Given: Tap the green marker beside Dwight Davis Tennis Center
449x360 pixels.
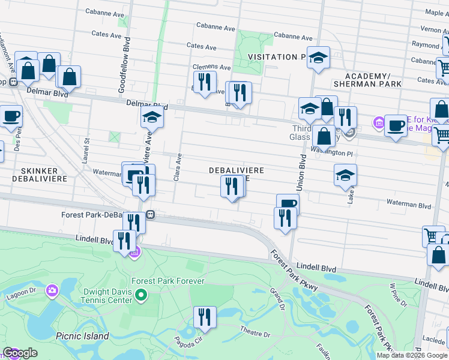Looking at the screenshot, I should (x=141, y=295).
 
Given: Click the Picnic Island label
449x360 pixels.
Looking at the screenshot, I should (x=82, y=336).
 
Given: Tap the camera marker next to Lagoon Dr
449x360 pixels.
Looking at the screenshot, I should (x=52, y=291).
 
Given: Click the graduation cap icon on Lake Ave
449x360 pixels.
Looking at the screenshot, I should (x=345, y=176).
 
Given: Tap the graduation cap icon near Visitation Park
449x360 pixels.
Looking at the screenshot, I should (x=318, y=58).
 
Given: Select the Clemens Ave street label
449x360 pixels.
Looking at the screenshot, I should (x=211, y=68).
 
